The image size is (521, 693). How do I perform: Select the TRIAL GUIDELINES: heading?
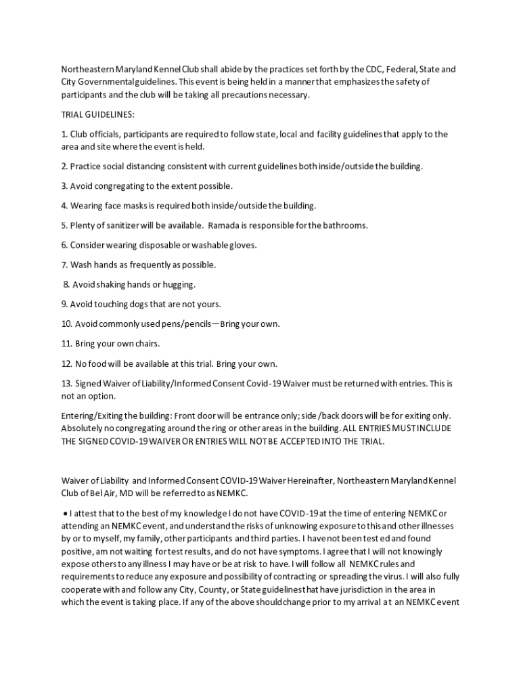(98, 114)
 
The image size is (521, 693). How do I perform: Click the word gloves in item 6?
(243, 245)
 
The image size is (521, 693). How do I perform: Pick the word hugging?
(178, 284)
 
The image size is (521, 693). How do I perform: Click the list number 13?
(66, 384)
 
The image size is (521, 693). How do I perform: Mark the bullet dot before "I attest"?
(65, 514)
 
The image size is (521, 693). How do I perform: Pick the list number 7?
(64, 265)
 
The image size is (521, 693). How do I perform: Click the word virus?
(390, 577)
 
